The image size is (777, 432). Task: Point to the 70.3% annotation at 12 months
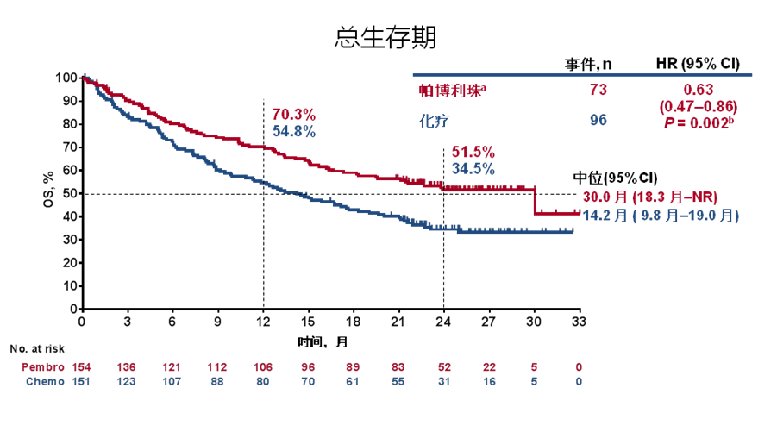pos(294,115)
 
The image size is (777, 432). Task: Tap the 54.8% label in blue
pos(294,132)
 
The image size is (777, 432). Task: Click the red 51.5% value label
pos(473,152)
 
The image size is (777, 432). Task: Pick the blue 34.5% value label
pos(473,169)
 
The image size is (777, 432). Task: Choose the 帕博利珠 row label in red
pos(446,91)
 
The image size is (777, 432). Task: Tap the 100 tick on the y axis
pos(66,78)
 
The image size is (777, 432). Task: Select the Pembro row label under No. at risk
pos(43,367)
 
